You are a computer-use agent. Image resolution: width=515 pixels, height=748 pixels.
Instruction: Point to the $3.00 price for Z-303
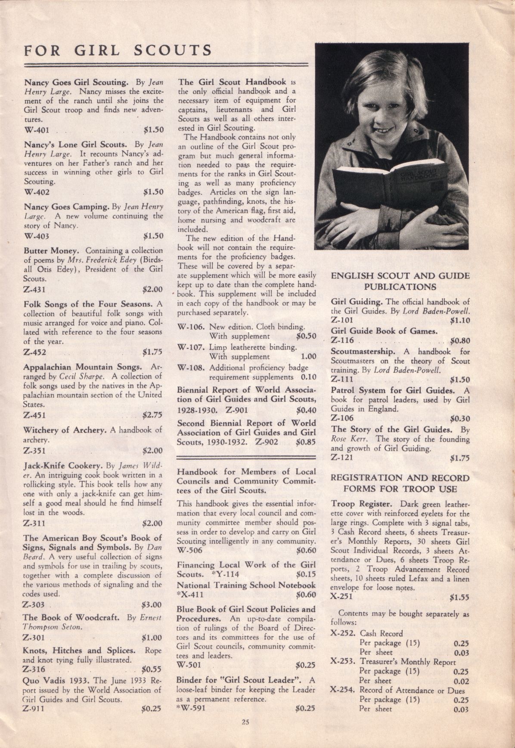(152, 604)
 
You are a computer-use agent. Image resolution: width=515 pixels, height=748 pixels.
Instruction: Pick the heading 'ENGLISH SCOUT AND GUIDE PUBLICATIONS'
(400, 281)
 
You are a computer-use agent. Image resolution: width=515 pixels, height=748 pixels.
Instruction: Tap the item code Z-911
(34, 707)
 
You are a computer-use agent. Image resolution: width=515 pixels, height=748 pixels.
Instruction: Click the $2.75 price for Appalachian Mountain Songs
(152, 415)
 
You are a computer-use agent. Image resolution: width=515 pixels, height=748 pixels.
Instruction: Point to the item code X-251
(342, 597)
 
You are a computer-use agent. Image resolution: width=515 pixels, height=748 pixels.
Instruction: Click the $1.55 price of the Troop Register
(459, 598)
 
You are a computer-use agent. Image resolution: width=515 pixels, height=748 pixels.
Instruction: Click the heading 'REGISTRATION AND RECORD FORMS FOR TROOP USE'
(400, 483)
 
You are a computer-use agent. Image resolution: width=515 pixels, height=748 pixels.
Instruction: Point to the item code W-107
(190, 347)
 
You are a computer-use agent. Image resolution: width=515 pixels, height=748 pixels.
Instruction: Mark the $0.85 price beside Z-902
(306, 442)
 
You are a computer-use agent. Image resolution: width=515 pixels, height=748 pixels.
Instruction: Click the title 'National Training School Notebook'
(246, 585)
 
